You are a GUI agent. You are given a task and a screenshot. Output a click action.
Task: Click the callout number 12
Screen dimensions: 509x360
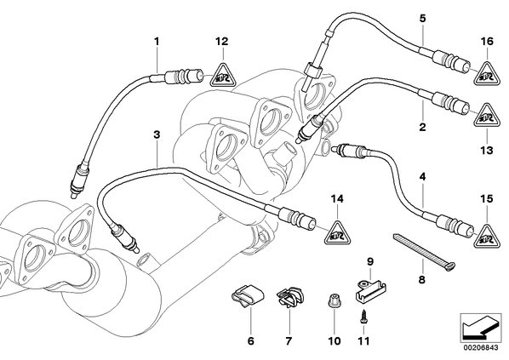pos(222,42)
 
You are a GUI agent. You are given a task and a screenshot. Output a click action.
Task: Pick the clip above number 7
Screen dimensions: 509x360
pos(290,297)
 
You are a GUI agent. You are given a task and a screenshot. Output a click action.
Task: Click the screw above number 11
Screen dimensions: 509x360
pos(363,317)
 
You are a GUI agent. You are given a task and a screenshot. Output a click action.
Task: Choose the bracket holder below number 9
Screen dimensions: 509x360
pos(369,291)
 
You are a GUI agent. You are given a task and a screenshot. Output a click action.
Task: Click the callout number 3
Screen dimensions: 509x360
pos(157,134)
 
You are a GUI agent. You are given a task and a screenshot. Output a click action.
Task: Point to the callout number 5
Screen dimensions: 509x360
pos(422,18)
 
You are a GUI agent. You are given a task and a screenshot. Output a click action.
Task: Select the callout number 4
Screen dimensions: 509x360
pos(422,177)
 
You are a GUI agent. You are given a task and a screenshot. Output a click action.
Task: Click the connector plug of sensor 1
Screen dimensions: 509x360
pos(185,77)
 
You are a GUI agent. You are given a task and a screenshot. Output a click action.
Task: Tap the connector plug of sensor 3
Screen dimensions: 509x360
pos(297,216)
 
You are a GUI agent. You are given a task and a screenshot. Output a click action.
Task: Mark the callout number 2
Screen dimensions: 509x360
pos(422,128)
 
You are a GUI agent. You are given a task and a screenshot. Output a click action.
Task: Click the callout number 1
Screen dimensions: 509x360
pos(157,42)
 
